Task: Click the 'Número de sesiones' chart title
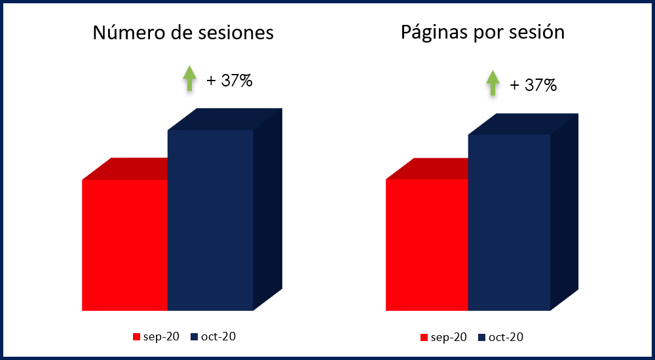(183, 33)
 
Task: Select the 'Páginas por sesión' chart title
(483, 32)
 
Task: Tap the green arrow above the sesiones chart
(189, 79)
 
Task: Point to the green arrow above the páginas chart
(493, 84)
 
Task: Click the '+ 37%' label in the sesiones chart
(229, 81)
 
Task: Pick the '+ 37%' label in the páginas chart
(533, 85)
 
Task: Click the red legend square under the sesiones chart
(137, 337)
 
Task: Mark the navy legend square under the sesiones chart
(194, 337)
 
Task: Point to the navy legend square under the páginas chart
(482, 338)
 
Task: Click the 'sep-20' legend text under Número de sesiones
(161, 337)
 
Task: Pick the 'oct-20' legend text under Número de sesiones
(218, 337)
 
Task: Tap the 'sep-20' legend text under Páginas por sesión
(449, 338)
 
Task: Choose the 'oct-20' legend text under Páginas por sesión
(506, 338)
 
